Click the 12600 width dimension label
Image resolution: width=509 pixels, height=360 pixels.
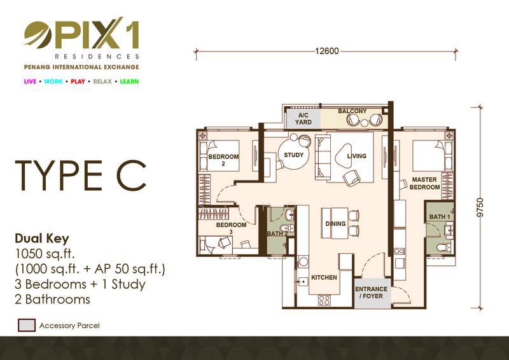[x=327, y=51]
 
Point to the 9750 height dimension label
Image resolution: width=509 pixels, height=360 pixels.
[x=480, y=207]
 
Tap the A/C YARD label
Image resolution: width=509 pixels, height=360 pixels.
[x=303, y=118]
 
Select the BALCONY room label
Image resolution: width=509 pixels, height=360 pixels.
[x=352, y=111]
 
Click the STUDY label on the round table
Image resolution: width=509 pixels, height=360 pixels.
[x=294, y=155]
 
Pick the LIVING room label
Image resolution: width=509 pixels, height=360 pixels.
[x=357, y=156]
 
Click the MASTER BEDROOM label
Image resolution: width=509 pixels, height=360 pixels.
[x=424, y=183]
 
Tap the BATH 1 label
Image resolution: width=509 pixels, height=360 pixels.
[x=440, y=216]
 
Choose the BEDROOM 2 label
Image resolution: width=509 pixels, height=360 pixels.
[x=223, y=160]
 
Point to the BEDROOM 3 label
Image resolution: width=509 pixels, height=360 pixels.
[x=231, y=228]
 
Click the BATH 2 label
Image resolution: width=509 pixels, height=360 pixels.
[x=277, y=233]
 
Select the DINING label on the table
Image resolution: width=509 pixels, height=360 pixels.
[x=336, y=224]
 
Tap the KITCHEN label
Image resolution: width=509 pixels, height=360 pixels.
[x=324, y=277]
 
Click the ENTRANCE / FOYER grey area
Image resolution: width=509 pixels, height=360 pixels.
[x=372, y=293]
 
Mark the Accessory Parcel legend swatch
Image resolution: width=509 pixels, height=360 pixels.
[x=27, y=325]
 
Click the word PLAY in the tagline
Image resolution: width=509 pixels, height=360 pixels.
[x=78, y=81]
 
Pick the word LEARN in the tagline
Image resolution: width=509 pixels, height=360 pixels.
[x=129, y=81]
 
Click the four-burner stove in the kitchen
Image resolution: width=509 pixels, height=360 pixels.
[x=324, y=300]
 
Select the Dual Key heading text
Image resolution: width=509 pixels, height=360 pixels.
[x=42, y=239]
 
